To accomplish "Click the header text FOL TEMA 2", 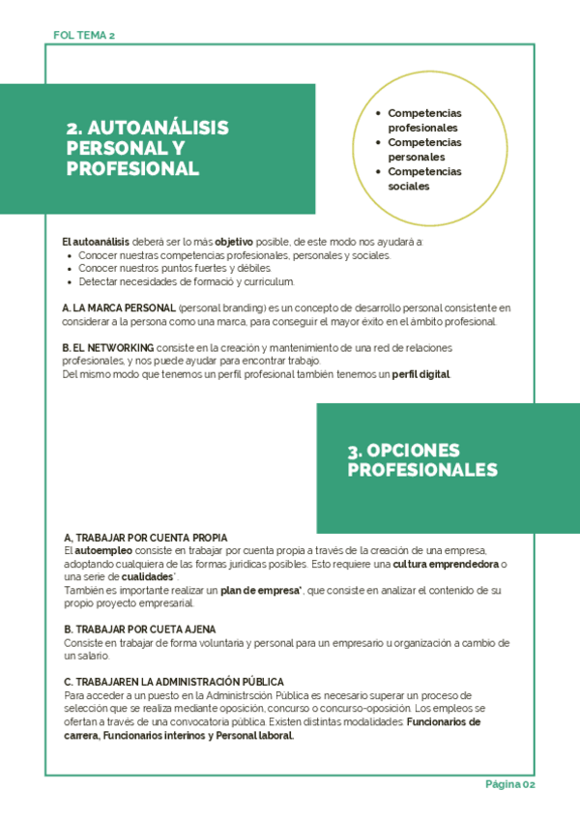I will (x=85, y=35).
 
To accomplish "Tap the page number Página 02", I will (x=509, y=784).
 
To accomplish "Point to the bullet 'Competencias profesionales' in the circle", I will (x=424, y=120).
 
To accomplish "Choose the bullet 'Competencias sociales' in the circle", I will (x=424, y=179).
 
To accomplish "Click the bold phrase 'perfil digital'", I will (x=420, y=374).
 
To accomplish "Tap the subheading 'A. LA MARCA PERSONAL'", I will (x=118, y=307).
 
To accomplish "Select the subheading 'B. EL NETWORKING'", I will (x=107, y=347).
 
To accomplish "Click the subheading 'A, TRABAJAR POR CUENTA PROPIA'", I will (x=146, y=537).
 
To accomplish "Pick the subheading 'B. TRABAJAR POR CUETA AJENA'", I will (x=140, y=630).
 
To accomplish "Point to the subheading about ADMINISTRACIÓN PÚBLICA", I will (x=174, y=682).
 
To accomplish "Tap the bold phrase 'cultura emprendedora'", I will (x=447, y=564).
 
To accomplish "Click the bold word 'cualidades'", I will (x=148, y=576).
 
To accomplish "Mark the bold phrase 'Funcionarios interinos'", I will (x=153, y=735).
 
